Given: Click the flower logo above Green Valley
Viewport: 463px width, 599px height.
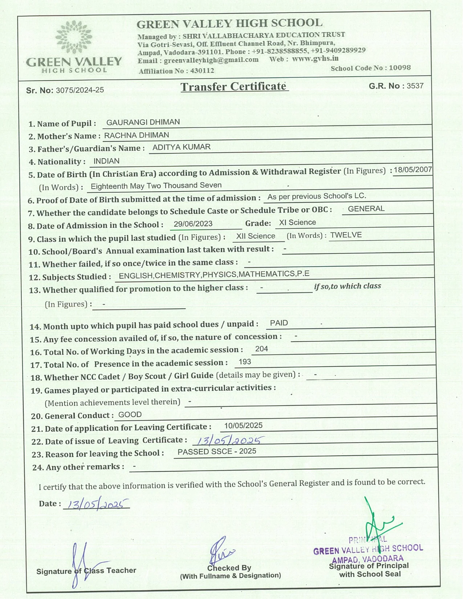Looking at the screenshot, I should [74, 36].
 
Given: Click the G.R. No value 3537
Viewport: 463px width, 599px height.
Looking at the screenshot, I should [415, 86].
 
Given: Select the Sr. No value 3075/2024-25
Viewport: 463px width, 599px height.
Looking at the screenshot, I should [80, 90].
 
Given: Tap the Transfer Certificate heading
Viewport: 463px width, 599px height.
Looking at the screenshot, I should [234, 87].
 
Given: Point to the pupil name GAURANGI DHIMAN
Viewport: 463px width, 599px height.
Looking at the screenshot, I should [143, 122].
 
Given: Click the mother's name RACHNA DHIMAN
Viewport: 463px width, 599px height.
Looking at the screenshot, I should [137, 135].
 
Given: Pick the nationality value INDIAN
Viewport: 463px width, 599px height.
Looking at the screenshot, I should [106, 161].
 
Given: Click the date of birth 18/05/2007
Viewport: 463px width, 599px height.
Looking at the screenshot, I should [413, 170].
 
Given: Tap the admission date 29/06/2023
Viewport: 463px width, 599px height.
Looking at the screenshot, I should [193, 224].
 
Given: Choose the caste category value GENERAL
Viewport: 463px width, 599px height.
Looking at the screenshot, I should [366, 209].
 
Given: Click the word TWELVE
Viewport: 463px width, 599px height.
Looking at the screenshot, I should [346, 235].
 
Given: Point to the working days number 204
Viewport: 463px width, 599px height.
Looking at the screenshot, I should [261, 349].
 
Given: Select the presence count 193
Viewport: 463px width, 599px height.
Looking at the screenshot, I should [245, 362].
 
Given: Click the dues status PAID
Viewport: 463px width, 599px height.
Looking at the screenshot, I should [279, 323].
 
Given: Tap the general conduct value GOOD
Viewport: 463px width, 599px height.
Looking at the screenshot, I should [130, 415].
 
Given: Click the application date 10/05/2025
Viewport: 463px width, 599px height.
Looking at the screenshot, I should [243, 425].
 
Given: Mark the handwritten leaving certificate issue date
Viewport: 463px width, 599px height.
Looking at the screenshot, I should [228, 440].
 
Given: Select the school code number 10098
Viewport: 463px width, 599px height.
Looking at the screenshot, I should [399, 68].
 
